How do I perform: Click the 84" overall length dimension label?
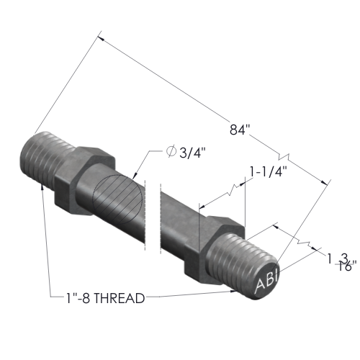point(240,130)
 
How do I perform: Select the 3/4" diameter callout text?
point(193,152)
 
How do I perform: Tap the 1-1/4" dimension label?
point(269,172)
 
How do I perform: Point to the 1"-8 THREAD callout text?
point(105,298)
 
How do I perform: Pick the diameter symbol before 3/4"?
point(171,152)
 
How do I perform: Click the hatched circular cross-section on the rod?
point(117,199)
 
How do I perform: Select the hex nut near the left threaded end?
point(84,180)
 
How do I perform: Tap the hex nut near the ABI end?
point(215,250)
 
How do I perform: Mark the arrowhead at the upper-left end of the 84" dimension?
point(100,38)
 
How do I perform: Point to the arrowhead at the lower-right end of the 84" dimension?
point(325,182)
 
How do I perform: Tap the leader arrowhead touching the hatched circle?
point(135,176)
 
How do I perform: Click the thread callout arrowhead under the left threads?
point(42,187)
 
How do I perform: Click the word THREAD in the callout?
point(119,298)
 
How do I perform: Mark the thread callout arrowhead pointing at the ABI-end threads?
point(233,291)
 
